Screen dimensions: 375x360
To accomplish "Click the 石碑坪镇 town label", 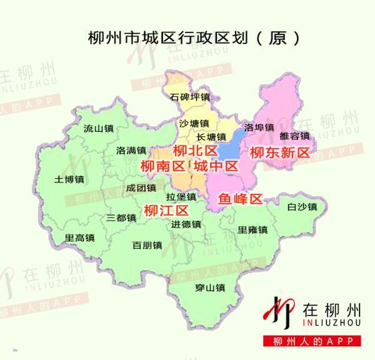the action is pos(191,97).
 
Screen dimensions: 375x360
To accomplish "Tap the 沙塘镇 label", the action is pos(193,123).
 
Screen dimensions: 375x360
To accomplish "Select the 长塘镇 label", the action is pos(211,137).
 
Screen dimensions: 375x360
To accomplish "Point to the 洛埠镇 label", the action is pos(259,127).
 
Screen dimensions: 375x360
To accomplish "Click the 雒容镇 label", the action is pos(294,136).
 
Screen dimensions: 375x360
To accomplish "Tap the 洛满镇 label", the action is pos(131,151).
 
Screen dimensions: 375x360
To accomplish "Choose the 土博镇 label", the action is pos(69,179).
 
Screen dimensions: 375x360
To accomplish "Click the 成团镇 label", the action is pos(141,187).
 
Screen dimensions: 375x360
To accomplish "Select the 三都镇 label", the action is pos(121,217).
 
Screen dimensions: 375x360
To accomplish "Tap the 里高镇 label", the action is pos(79,237).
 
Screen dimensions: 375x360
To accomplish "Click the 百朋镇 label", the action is pos(147,245).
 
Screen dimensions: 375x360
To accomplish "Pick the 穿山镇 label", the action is pos(209,287).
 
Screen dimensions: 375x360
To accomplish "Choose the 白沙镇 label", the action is pos(302,207).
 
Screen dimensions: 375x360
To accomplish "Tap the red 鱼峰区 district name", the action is pos(239,199).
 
